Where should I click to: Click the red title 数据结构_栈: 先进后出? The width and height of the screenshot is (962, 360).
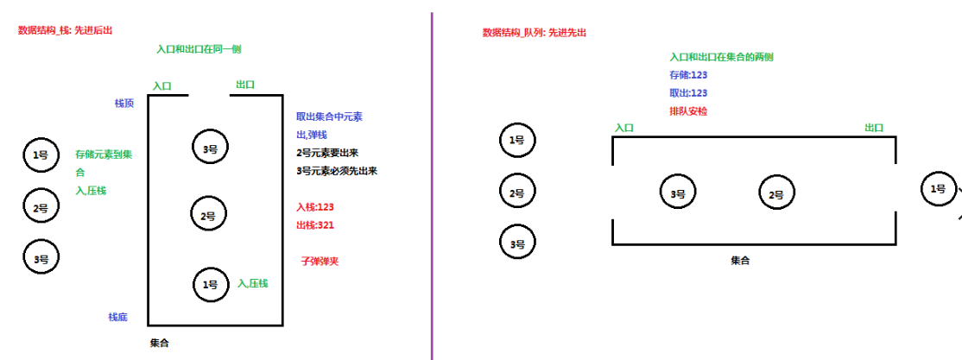point(66,30)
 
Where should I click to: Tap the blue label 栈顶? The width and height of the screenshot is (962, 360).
point(124,103)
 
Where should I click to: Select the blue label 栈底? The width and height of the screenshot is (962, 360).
point(118,317)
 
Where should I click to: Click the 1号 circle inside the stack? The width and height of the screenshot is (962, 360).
point(210,284)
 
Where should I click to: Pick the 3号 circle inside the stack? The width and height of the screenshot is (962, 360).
point(210,147)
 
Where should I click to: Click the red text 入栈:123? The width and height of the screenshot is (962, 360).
point(315,207)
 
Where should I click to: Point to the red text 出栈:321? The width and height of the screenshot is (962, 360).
point(315,225)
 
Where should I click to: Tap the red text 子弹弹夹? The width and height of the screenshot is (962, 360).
point(320,261)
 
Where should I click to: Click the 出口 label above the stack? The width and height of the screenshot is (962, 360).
point(245,85)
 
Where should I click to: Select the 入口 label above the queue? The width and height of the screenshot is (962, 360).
point(624,128)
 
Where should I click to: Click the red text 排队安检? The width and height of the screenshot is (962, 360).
point(688,111)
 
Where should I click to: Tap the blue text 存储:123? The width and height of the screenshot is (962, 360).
point(688,75)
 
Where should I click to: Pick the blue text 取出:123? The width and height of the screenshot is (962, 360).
point(688,93)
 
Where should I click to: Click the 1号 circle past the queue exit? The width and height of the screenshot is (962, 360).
point(938,188)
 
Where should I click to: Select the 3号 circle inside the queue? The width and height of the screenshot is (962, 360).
point(678,194)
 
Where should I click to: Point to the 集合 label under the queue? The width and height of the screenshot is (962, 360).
point(740,260)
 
